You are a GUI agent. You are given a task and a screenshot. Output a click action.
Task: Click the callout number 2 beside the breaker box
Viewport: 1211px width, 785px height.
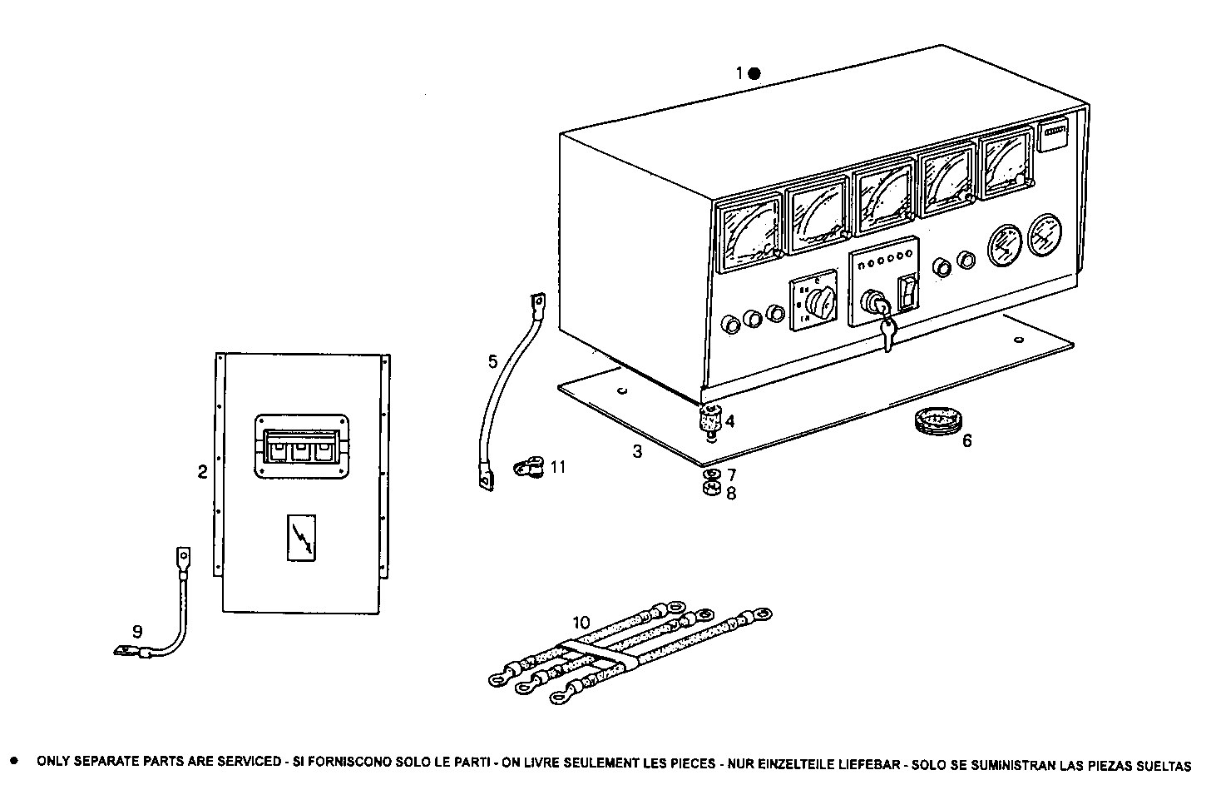202,473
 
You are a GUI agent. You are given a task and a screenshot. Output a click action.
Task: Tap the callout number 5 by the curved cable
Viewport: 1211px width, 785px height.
492,361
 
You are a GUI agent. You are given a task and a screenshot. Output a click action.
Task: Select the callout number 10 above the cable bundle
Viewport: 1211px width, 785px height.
581,622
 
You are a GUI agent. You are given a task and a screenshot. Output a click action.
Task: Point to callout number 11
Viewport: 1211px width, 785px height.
557,467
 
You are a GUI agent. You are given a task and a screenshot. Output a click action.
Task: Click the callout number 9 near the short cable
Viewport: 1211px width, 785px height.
137,632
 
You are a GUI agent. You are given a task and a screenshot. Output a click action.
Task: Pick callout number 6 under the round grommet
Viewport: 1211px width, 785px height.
966,441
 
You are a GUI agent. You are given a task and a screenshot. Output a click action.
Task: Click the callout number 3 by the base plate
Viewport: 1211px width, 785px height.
637,452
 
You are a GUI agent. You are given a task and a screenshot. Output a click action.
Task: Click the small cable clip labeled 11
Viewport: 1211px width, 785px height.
529,467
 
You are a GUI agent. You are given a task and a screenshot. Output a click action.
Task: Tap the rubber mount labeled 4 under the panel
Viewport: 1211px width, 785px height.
709,419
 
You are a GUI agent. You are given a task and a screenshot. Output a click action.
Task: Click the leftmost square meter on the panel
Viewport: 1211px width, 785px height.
749,233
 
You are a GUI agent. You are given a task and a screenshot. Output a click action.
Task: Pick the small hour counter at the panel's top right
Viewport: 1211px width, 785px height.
1053,135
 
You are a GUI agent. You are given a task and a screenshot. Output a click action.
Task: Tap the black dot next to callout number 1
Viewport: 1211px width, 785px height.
754,73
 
